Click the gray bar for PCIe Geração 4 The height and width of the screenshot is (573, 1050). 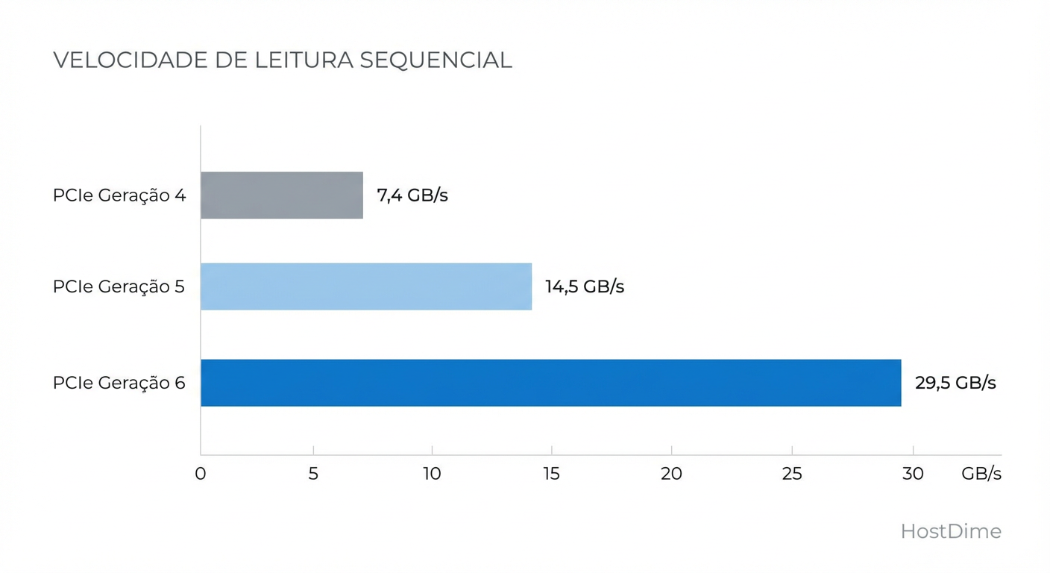point(282,195)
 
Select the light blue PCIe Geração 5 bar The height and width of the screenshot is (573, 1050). point(366,286)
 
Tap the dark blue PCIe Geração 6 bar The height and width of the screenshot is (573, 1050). point(550,383)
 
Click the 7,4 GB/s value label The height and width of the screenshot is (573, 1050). point(412,195)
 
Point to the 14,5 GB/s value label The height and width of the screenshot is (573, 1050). point(585,286)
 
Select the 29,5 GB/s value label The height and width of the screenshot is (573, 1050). point(955,383)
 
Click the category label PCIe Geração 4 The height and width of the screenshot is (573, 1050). point(119,195)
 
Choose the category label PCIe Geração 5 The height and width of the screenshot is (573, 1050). point(119,286)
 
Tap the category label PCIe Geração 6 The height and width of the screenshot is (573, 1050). point(119,383)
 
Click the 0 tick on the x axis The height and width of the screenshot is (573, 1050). point(200,474)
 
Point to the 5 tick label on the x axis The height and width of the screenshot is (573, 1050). point(313,474)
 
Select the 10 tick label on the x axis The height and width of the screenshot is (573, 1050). point(432,474)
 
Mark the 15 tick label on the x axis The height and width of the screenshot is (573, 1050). point(551,474)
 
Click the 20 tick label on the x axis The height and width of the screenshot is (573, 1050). point(671,474)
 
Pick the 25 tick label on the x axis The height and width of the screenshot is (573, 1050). point(792,474)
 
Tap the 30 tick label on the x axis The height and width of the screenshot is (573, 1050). point(913,474)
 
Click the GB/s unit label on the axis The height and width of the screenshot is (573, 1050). point(981,474)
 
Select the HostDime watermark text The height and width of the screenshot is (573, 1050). point(951,531)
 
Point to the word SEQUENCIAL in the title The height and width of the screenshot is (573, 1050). point(436,60)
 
